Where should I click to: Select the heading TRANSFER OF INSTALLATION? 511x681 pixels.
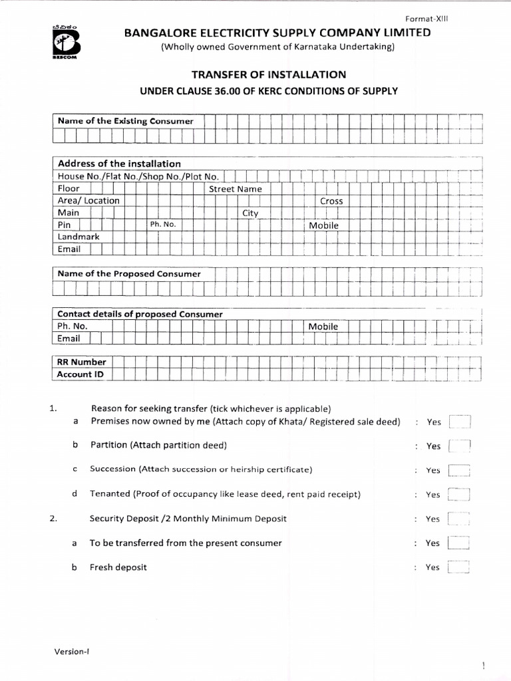coord(269,74)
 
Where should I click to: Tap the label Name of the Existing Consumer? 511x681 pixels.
coord(125,121)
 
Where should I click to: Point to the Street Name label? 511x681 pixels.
coord(236,189)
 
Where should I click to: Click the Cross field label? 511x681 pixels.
coord(331,201)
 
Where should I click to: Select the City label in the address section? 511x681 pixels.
coord(250,213)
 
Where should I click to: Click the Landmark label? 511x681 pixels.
coord(79,237)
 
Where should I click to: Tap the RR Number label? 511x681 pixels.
coord(82,362)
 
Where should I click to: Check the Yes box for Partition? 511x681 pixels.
coord(460,446)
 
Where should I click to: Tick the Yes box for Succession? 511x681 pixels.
coord(460,470)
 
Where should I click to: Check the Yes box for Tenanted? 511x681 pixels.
coord(460,495)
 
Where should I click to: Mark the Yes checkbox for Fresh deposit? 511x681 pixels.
coord(460,567)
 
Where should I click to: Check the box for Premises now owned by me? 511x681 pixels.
coord(460,422)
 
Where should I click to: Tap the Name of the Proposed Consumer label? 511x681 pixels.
coord(129,273)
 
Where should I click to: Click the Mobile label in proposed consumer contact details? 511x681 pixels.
coord(323,327)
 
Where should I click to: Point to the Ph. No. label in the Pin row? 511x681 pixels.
coord(162,225)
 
